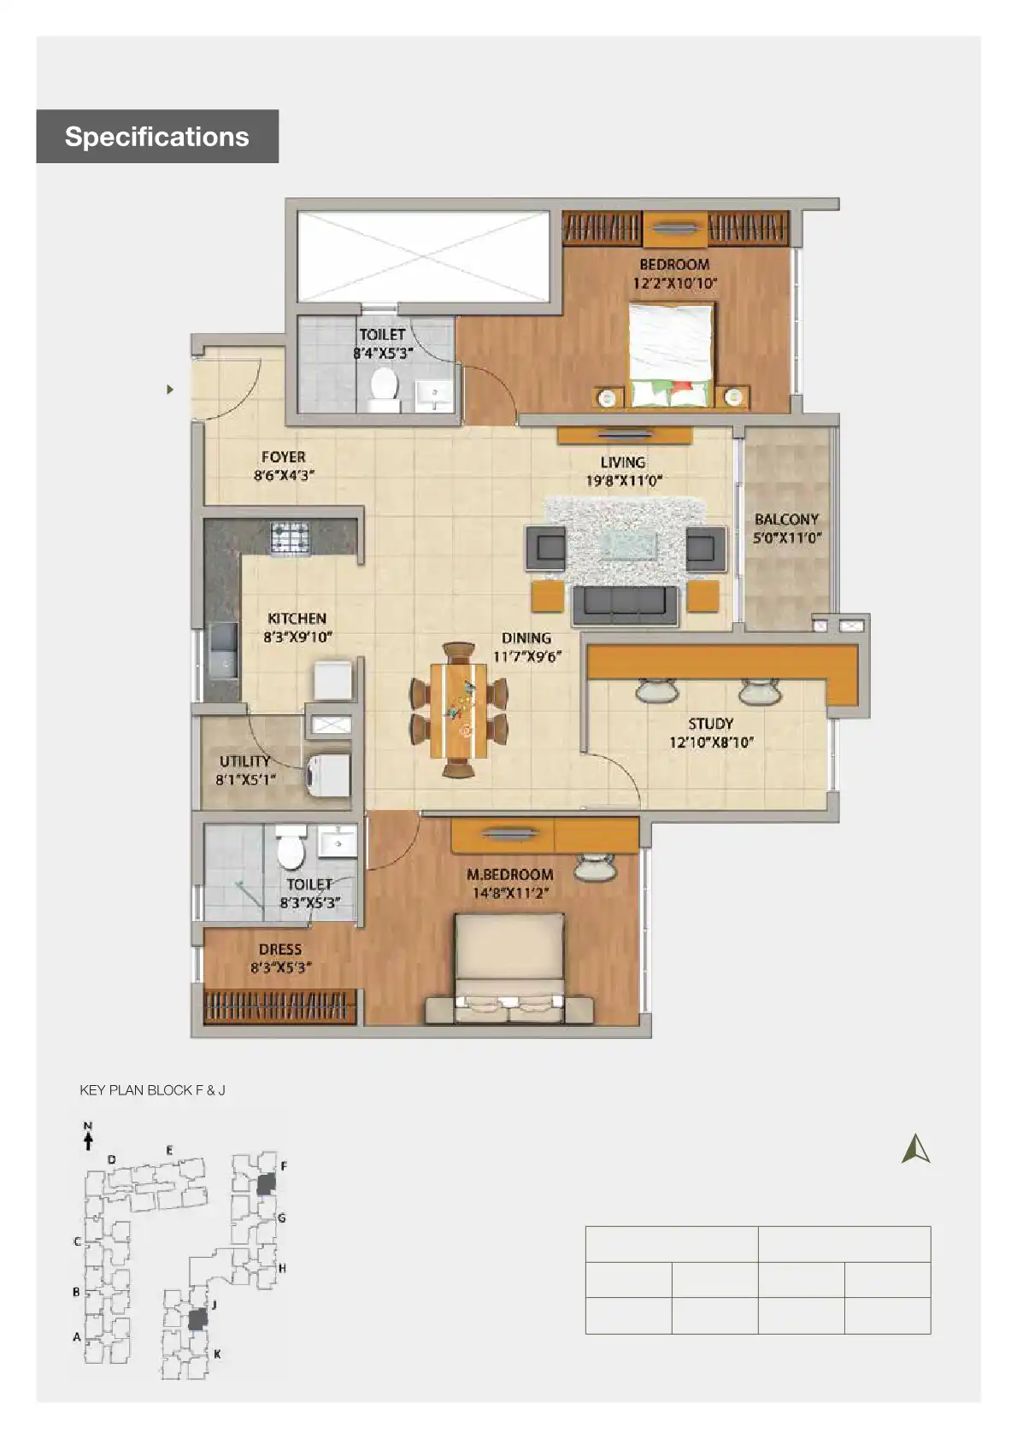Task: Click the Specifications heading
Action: point(156,137)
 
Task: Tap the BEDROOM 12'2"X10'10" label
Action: point(674,273)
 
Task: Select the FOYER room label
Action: point(283,466)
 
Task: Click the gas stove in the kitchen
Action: point(290,537)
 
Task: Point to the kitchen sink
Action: point(224,651)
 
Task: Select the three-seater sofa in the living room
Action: point(625,604)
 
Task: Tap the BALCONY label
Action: point(786,528)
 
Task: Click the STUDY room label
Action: point(711,732)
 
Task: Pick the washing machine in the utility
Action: point(327,775)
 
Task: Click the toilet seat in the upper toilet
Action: point(384,387)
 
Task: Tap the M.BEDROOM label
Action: point(509,883)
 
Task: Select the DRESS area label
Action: point(280,958)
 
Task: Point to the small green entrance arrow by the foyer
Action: point(170,390)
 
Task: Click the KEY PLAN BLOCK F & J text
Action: point(152,1090)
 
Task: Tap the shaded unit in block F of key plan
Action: point(267,1183)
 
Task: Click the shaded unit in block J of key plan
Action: point(197,1318)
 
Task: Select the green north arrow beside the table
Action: point(915,1149)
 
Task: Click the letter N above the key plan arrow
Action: point(87,1126)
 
